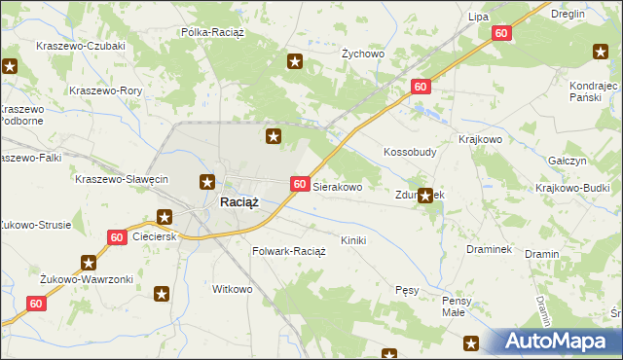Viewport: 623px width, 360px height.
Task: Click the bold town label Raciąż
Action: point(238,202)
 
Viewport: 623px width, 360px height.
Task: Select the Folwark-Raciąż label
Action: point(288,250)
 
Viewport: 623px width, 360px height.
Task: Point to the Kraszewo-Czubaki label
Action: point(80,46)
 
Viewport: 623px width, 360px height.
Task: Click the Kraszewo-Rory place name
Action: point(106,90)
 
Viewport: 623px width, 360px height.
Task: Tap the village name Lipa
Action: point(477,17)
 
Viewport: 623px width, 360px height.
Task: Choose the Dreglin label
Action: point(567,14)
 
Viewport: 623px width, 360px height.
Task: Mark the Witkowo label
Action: point(233,289)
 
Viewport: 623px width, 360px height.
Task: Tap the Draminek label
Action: point(489,249)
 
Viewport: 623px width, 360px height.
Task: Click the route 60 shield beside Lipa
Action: point(500,33)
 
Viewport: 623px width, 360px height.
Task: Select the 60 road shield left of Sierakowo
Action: point(300,184)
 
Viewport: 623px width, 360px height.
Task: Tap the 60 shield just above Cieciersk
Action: point(116,236)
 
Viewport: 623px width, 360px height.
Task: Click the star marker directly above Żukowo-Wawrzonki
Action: point(90,262)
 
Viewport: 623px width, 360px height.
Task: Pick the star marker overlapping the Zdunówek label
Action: point(424,195)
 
